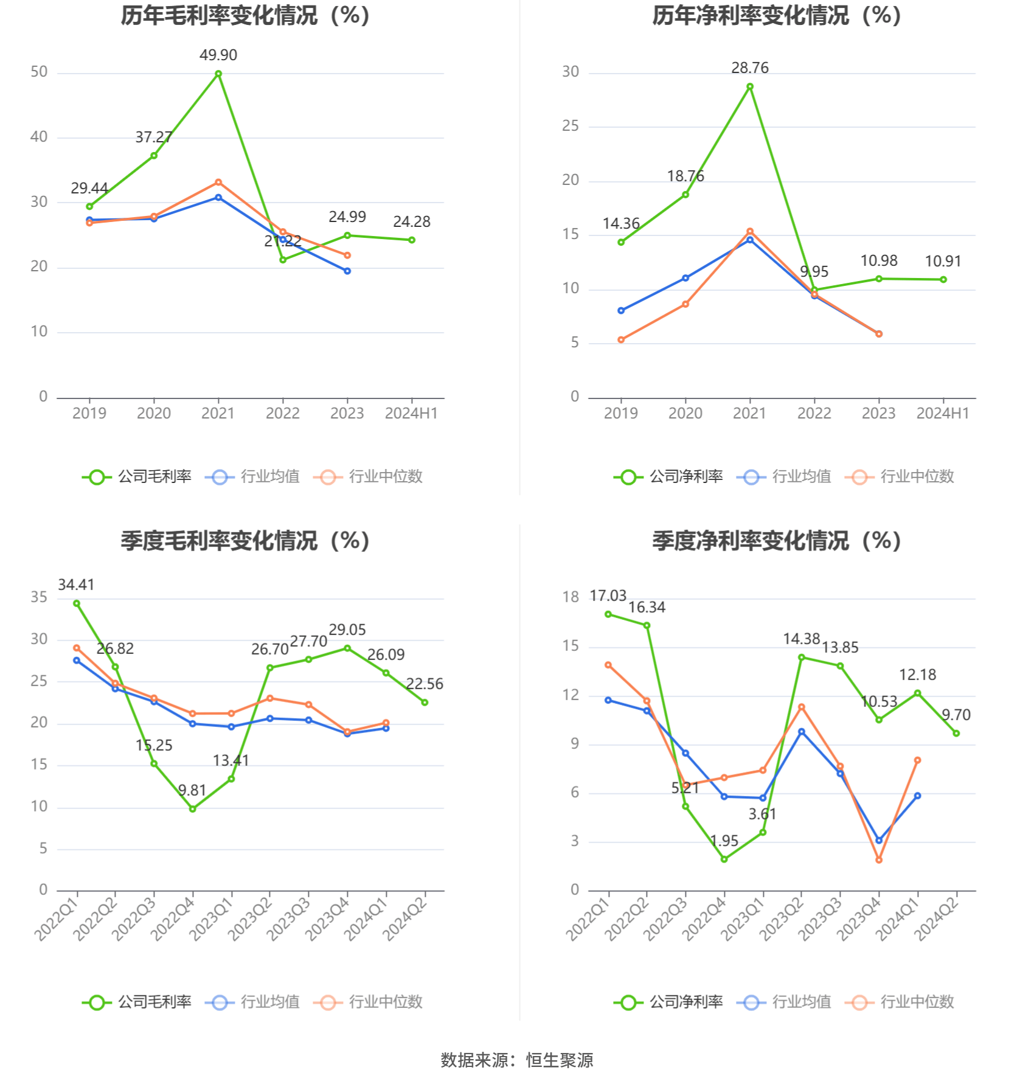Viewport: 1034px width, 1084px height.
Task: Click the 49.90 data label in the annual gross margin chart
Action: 218,55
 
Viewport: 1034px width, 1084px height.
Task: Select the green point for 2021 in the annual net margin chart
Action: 750,87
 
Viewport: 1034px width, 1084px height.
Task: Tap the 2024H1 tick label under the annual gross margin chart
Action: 411,414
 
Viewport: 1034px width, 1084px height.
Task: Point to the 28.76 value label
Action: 750,68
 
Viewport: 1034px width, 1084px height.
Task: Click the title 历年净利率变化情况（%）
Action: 777,16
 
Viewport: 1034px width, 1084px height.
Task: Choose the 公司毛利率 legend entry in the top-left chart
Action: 137,476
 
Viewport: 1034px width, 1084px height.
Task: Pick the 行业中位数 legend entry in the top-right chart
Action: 900,476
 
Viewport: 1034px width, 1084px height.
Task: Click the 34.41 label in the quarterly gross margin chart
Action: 76,585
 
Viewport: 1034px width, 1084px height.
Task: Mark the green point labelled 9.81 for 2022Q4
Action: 193,808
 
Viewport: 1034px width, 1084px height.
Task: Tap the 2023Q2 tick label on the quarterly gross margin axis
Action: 250,918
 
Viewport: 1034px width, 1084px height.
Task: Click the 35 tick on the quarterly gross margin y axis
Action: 39,597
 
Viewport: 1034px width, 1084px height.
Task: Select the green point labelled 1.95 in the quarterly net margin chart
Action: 724,859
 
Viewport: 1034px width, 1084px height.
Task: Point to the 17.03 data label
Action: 608,596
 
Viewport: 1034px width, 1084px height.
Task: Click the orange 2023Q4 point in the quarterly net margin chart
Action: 879,860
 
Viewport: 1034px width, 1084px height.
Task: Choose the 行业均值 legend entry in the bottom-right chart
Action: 785,1002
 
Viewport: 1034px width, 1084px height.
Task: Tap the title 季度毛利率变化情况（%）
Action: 245,541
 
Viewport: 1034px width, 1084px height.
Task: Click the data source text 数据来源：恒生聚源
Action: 517,1060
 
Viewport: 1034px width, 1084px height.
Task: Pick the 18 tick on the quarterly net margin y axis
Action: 571,597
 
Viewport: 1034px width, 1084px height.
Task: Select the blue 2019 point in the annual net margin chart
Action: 621,311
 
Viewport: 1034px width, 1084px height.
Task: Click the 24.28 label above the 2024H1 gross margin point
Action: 412,222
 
